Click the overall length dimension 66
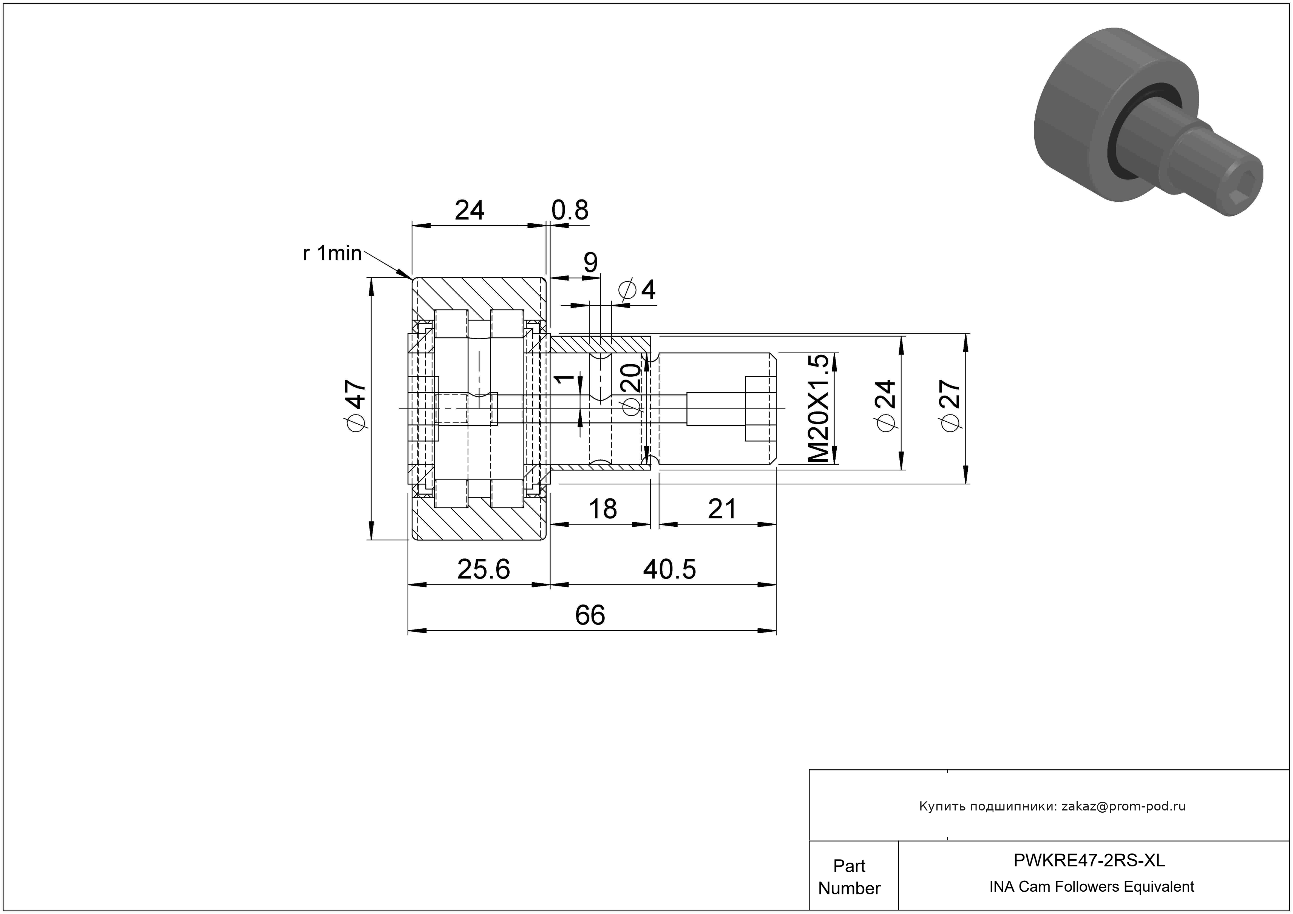(x=590, y=615)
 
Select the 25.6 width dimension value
(x=483, y=569)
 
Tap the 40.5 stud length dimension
(x=670, y=569)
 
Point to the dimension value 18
(x=602, y=509)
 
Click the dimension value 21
(x=722, y=509)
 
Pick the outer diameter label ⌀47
(x=357, y=405)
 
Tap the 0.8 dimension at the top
(x=570, y=210)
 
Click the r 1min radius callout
(x=332, y=254)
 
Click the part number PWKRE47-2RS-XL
(x=1089, y=860)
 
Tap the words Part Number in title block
(x=849, y=877)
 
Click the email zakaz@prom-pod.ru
(x=1123, y=806)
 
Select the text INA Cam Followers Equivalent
(x=1091, y=887)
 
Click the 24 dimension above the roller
(x=469, y=210)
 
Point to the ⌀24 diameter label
(x=885, y=405)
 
